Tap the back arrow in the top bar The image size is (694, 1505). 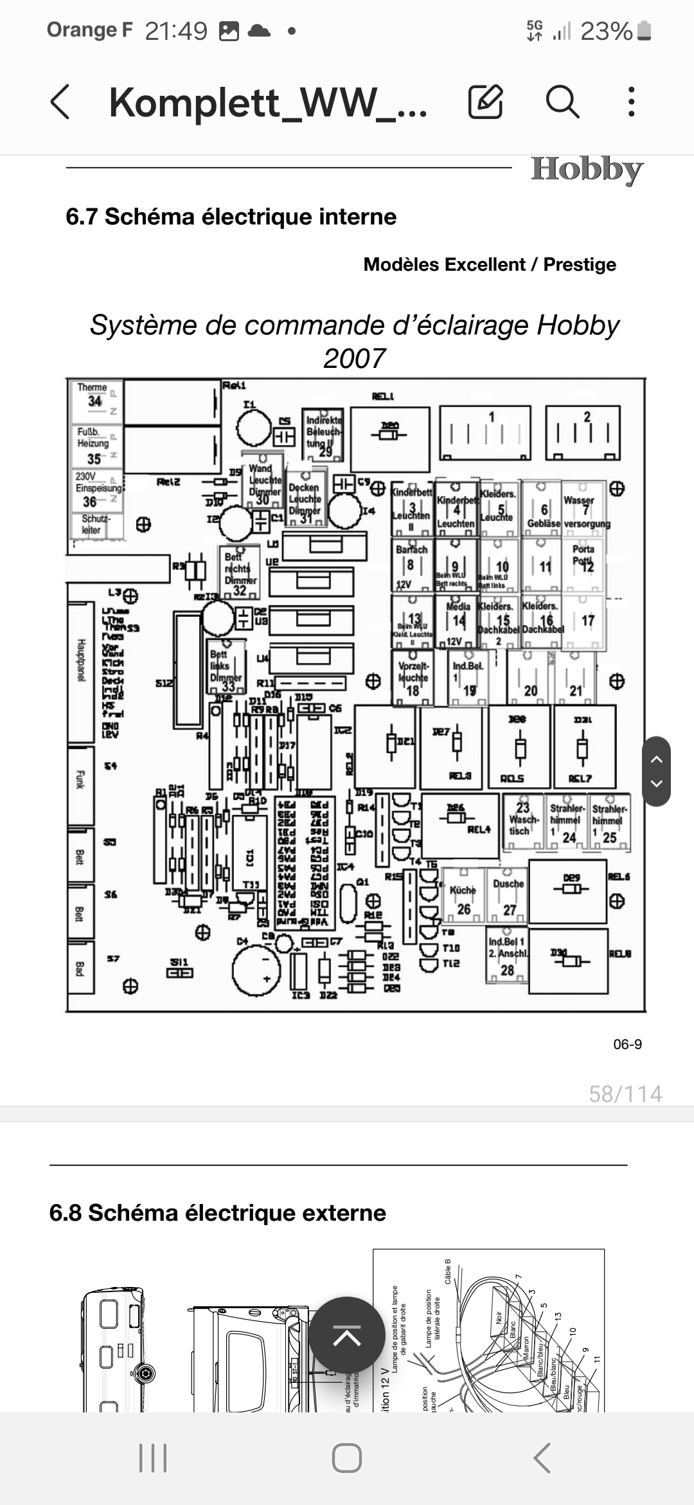[60, 102]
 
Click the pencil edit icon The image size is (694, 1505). [485, 102]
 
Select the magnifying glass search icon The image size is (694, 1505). [562, 102]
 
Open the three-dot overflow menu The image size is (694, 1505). [632, 102]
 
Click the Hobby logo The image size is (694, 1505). [587, 170]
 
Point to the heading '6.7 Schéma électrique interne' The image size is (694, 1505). [231, 217]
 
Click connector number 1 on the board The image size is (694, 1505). [485, 432]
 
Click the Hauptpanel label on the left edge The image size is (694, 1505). [81, 661]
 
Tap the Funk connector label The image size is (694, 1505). [80, 779]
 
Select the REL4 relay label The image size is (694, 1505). [479, 830]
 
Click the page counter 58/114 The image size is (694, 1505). [625, 1094]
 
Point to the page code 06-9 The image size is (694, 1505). [627, 1044]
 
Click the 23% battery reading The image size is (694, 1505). [606, 31]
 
